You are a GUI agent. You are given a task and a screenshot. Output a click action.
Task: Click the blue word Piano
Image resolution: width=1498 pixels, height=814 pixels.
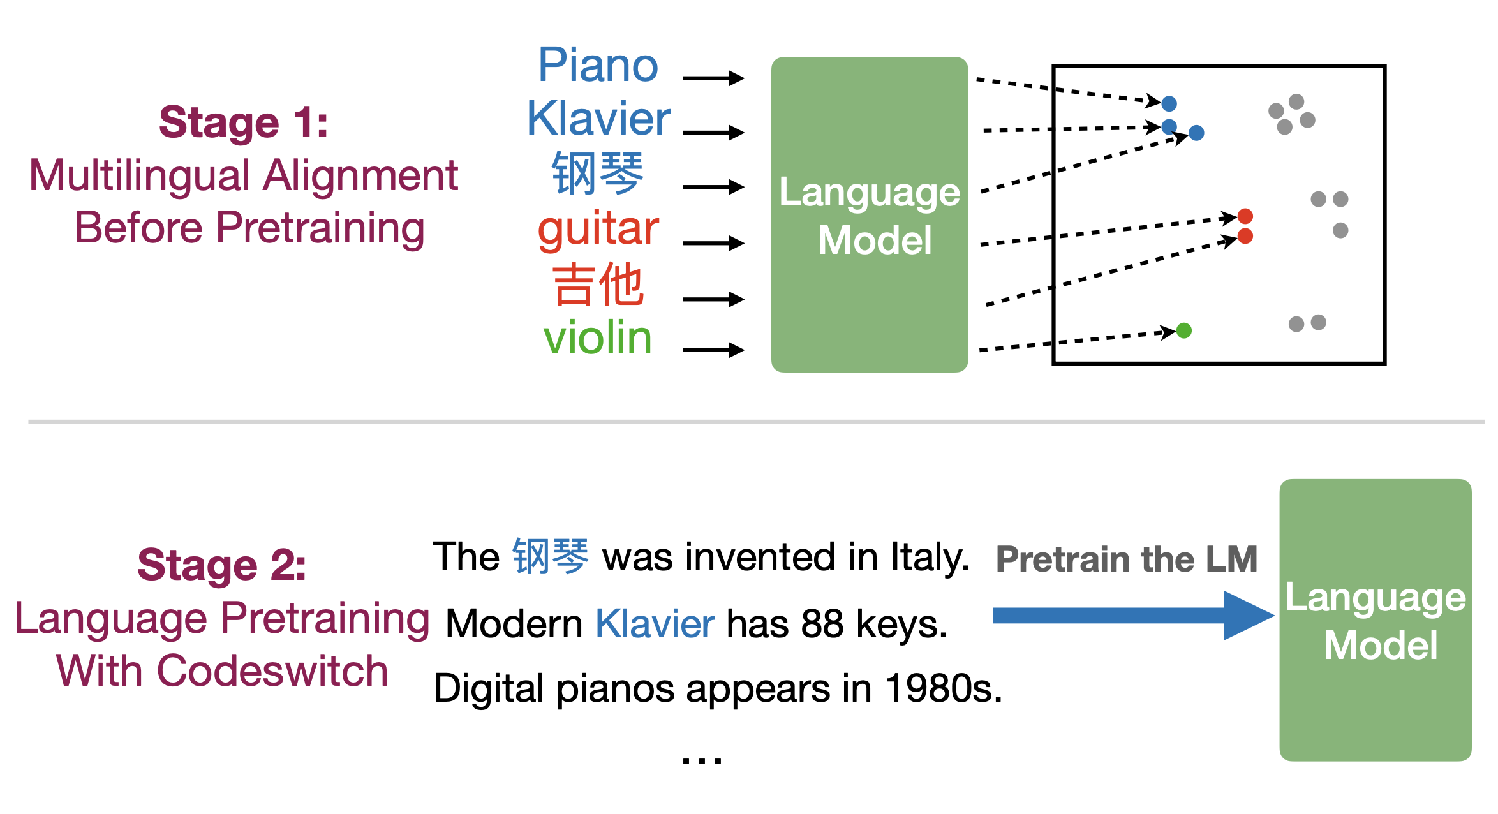[598, 65]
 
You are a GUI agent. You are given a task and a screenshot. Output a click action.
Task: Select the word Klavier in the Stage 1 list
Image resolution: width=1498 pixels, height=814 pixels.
[598, 119]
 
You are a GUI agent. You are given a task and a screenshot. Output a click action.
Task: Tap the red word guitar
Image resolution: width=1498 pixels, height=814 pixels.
[598, 230]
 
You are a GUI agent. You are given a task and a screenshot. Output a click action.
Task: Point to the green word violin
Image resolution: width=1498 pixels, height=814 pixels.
[597, 337]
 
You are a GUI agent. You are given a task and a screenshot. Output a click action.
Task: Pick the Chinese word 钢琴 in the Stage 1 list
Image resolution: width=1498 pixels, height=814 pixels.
[598, 173]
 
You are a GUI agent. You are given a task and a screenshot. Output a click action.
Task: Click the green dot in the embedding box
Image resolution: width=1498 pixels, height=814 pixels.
[1184, 330]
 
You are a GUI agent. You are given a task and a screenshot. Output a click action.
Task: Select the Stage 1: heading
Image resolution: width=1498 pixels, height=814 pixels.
[244, 122]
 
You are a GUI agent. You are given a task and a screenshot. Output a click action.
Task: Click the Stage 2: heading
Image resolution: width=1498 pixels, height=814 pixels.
[222, 565]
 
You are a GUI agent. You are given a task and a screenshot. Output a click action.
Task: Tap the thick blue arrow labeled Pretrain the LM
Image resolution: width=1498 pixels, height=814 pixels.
[1134, 616]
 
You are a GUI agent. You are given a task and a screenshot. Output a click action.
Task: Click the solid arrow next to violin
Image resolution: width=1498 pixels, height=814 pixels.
[713, 350]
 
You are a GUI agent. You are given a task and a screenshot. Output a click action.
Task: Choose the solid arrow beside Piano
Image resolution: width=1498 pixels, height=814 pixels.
[713, 78]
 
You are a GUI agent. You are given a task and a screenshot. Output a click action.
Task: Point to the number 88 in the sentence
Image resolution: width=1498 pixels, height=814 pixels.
[822, 624]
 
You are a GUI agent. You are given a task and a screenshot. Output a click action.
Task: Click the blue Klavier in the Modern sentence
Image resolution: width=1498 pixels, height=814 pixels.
[655, 624]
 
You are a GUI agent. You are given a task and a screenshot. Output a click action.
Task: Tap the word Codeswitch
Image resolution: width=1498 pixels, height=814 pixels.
[272, 671]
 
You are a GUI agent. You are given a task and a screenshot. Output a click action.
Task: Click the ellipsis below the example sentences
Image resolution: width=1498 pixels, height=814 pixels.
[702, 760]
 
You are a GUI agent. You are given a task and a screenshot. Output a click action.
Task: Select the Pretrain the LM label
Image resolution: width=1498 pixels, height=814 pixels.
[1127, 559]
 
